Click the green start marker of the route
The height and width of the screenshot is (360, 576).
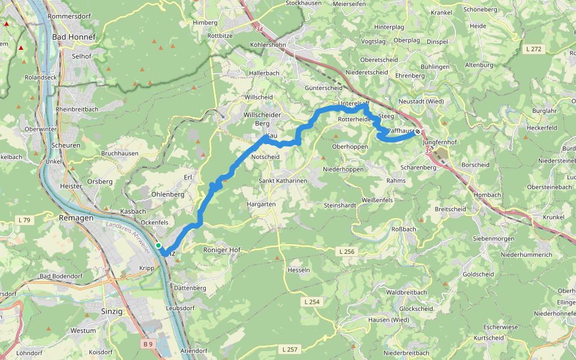158,245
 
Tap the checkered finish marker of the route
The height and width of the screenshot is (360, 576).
417,133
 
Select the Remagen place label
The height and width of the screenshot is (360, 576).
76,218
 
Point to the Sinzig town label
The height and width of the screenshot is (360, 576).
112,311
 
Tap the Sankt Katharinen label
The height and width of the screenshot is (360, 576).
283,181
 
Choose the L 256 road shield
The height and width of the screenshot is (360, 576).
346,251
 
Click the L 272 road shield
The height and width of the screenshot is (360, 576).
533,49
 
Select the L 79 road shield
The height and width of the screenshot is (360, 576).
25,220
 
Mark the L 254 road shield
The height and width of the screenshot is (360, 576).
311,302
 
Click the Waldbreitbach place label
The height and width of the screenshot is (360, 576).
407,292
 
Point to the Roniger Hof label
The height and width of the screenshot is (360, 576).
221,250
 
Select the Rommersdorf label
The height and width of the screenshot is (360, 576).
68,16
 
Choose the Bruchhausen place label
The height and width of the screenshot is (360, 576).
120,154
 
